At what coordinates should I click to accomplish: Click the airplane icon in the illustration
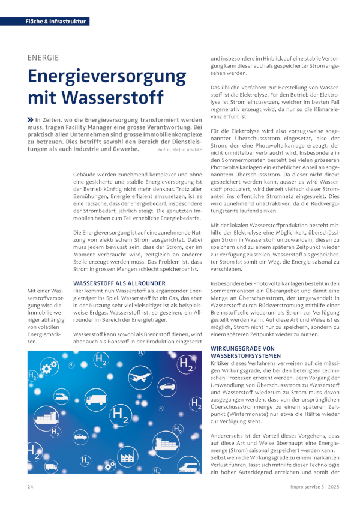tap(140, 379)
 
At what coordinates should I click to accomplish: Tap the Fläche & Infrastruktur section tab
tap(57, 22)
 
